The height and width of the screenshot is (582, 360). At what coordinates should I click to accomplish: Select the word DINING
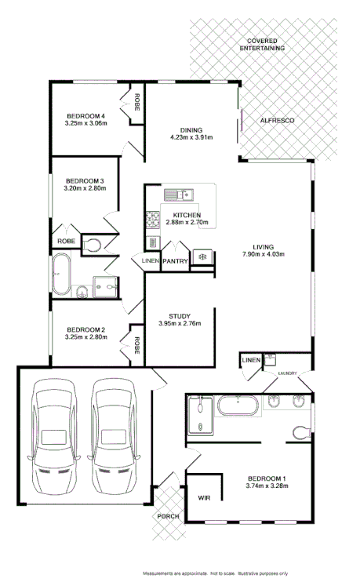(191, 130)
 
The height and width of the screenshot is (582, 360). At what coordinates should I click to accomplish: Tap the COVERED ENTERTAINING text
(265, 44)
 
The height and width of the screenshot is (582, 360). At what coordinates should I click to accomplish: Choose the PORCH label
(168, 516)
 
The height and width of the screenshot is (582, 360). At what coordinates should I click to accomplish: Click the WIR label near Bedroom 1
(204, 497)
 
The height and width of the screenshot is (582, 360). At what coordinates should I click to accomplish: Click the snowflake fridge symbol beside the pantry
(202, 257)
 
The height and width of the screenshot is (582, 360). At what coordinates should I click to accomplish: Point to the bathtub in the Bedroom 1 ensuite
(236, 406)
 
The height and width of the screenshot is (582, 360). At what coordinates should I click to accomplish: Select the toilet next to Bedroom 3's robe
(91, 245)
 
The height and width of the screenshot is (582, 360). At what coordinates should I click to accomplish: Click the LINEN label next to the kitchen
(150, 260)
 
